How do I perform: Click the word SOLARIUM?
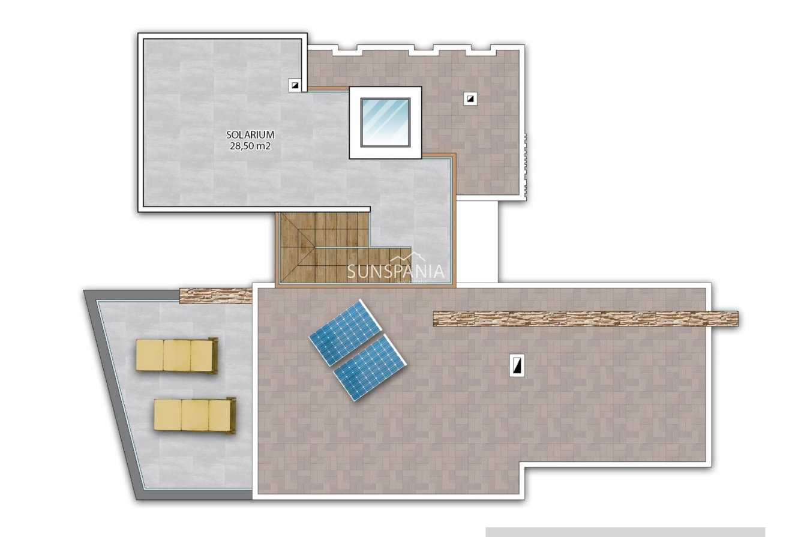click(x=250, y=135)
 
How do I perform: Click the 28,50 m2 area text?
click(x=250, y=146)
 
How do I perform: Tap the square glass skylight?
click(x=385, y=122)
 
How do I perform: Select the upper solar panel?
click(x=344, y=332)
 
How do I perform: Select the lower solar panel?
click(x=370, y=368)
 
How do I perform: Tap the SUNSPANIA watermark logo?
click(x=397, y=271)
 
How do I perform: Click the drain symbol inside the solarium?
click(x=295, y=85)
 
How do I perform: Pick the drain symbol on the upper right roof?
click(x=470, y=98)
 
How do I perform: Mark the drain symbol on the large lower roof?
click(x=517, y=365)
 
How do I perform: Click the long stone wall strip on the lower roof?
click(x=585, y=319)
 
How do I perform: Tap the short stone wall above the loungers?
click(x=215, y=295)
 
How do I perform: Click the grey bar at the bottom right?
click(x=625, y=532)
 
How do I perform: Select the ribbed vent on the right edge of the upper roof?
click(x=525, y=165)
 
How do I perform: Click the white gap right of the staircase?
click(x=476, y=240)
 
